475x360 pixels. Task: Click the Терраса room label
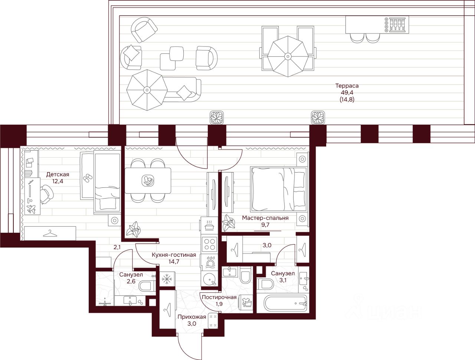point(347,86)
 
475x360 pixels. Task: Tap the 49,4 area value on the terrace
point(347,92)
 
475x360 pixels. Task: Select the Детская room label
point(58,174)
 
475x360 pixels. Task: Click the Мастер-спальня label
point(265,218)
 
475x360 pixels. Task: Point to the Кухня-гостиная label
point(174,255)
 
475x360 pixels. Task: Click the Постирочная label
point(219,297)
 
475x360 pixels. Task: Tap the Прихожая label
point(192,317)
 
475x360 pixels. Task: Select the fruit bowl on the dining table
point(148,180)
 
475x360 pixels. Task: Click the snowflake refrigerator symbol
point(167,279)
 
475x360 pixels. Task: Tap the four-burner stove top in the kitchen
point(209,244)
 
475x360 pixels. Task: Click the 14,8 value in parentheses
point(347,99)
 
